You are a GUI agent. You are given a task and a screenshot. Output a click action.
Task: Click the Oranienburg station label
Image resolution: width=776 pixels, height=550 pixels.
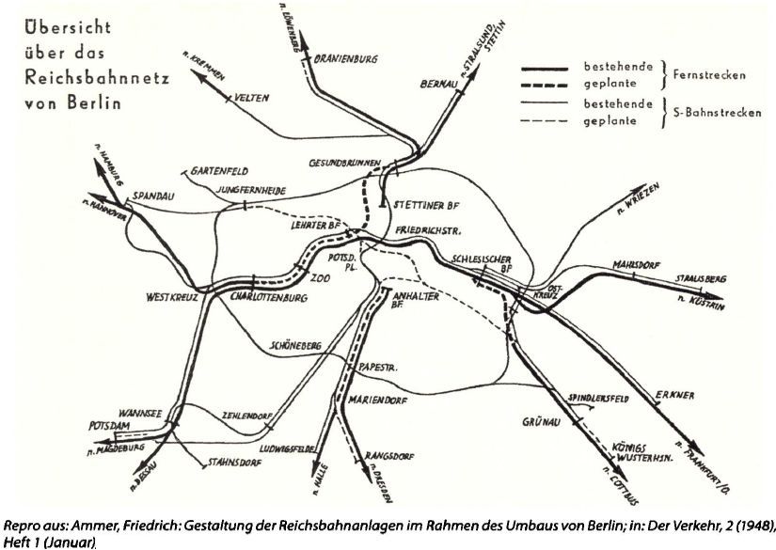coord(345,58)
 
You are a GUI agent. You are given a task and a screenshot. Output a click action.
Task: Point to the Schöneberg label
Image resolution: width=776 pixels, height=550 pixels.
coord(294,346)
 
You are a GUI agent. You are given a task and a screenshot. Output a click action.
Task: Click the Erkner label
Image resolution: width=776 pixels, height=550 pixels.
coord(676,395)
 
